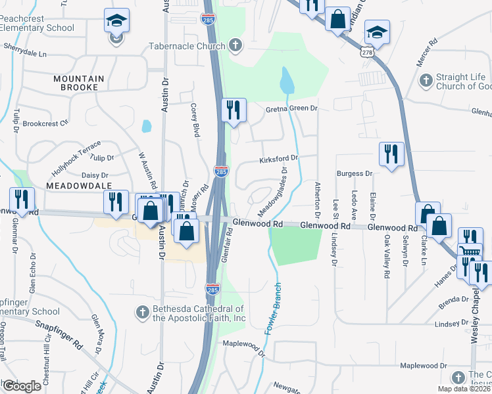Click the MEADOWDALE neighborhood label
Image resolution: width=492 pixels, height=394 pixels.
coord(77,186)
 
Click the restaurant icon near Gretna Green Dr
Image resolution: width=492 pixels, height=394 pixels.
coord(234,110)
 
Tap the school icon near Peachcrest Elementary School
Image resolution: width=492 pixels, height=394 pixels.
coord(116,22)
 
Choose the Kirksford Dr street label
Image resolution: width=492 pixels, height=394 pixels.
coord(279,158)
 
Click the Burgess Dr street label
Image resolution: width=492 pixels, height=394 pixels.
coord(355,173)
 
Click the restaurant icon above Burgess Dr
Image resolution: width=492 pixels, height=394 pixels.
coord(391,154)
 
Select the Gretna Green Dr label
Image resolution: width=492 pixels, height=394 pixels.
coord(291,109)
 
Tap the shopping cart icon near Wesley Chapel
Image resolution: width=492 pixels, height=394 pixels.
coord(470,252)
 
